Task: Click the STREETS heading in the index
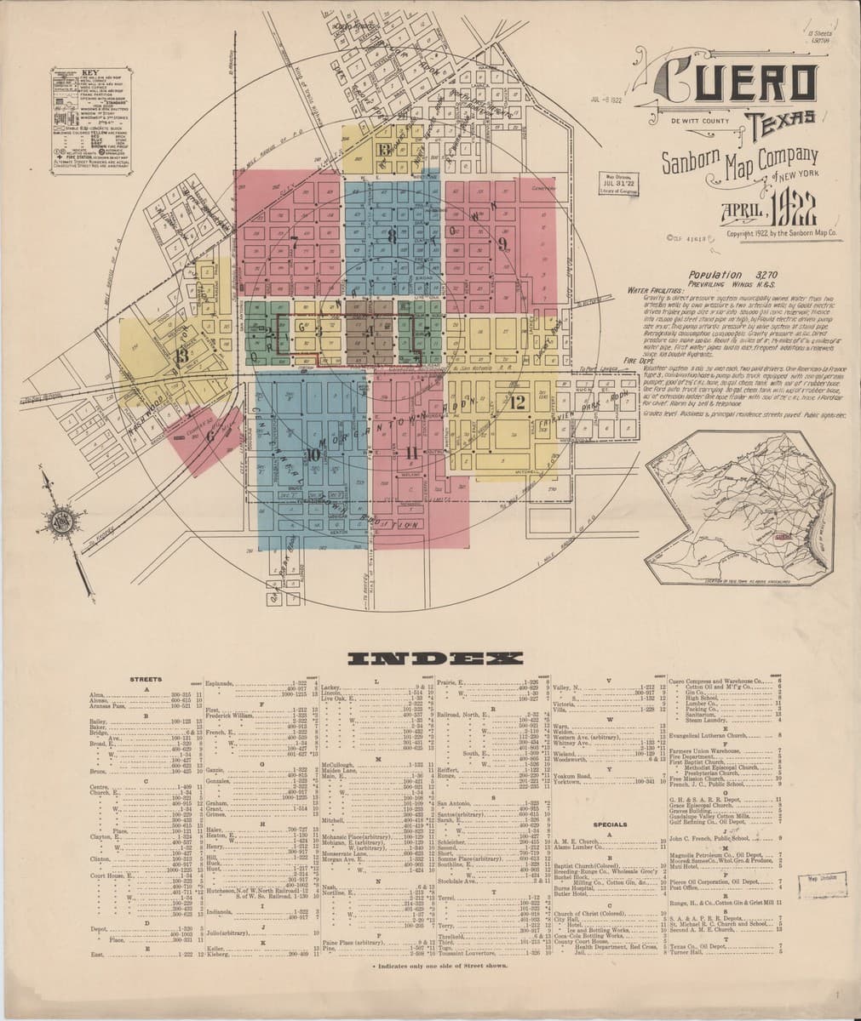[146, 679]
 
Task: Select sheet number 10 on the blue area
[313, 454]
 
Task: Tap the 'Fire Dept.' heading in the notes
[616, 361]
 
